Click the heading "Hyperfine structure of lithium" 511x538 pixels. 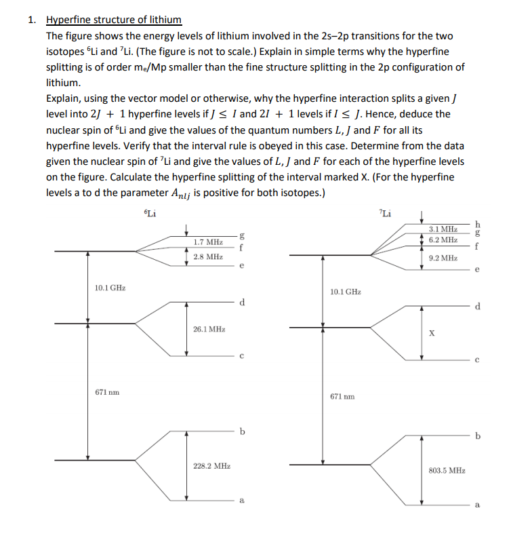click(x=113, y=20)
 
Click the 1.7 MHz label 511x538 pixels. click(x=207, y=242)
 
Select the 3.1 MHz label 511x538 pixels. click(x=443, y=229)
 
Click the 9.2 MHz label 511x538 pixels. click(x=443, y=258)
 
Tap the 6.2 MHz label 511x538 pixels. click(x=443, y=240)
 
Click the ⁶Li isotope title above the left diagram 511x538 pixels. click(x=150, y=213)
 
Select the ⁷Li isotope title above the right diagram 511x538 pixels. click(x=385, y=215)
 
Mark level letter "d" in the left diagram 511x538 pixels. click(x=241, y=302)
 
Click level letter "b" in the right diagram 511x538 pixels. click(x=480, y=436)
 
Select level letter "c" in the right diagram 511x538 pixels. click(x=479, y=360)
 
